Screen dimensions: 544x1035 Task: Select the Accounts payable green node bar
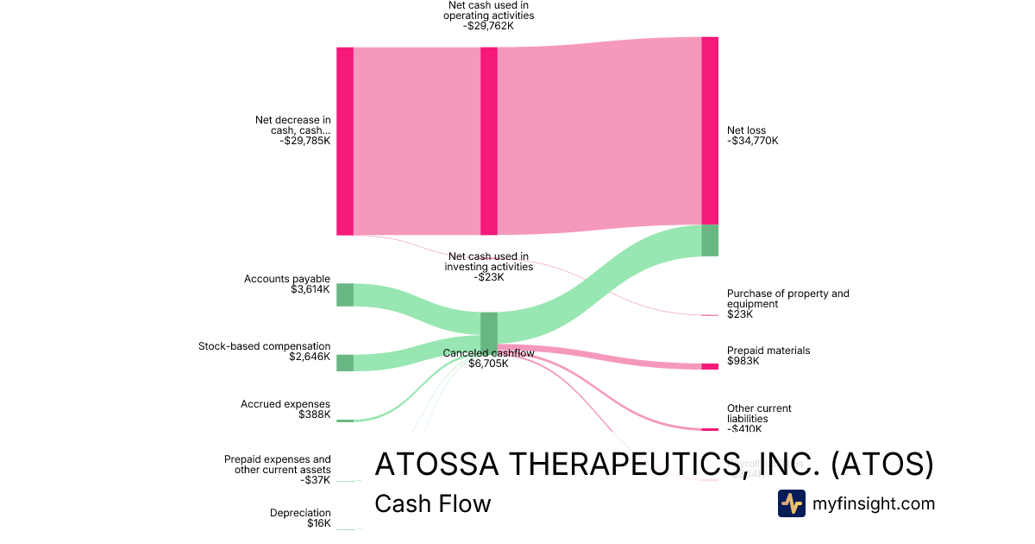click(344, 294)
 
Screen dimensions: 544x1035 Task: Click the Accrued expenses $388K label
click(285, 409)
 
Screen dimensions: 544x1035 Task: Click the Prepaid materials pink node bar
click(709, 367)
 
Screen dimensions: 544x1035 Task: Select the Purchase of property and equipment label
click(787, 299)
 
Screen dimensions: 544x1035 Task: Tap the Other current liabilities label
click(758, 414)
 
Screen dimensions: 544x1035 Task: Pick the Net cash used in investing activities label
click(488, 266)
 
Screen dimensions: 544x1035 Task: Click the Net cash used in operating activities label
click(488, 16)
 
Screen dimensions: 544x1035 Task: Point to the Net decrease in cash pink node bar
click(344, 141)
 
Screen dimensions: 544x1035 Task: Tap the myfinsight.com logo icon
click(791, 503)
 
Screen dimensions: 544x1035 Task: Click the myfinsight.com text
click(873, 503)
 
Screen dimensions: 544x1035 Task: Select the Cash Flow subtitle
click(432, 503)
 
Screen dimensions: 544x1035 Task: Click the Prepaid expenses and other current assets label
click(277, 465)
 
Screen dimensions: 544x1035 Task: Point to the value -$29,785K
click(304, 141)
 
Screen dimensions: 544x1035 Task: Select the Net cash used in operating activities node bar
click(488, 141)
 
